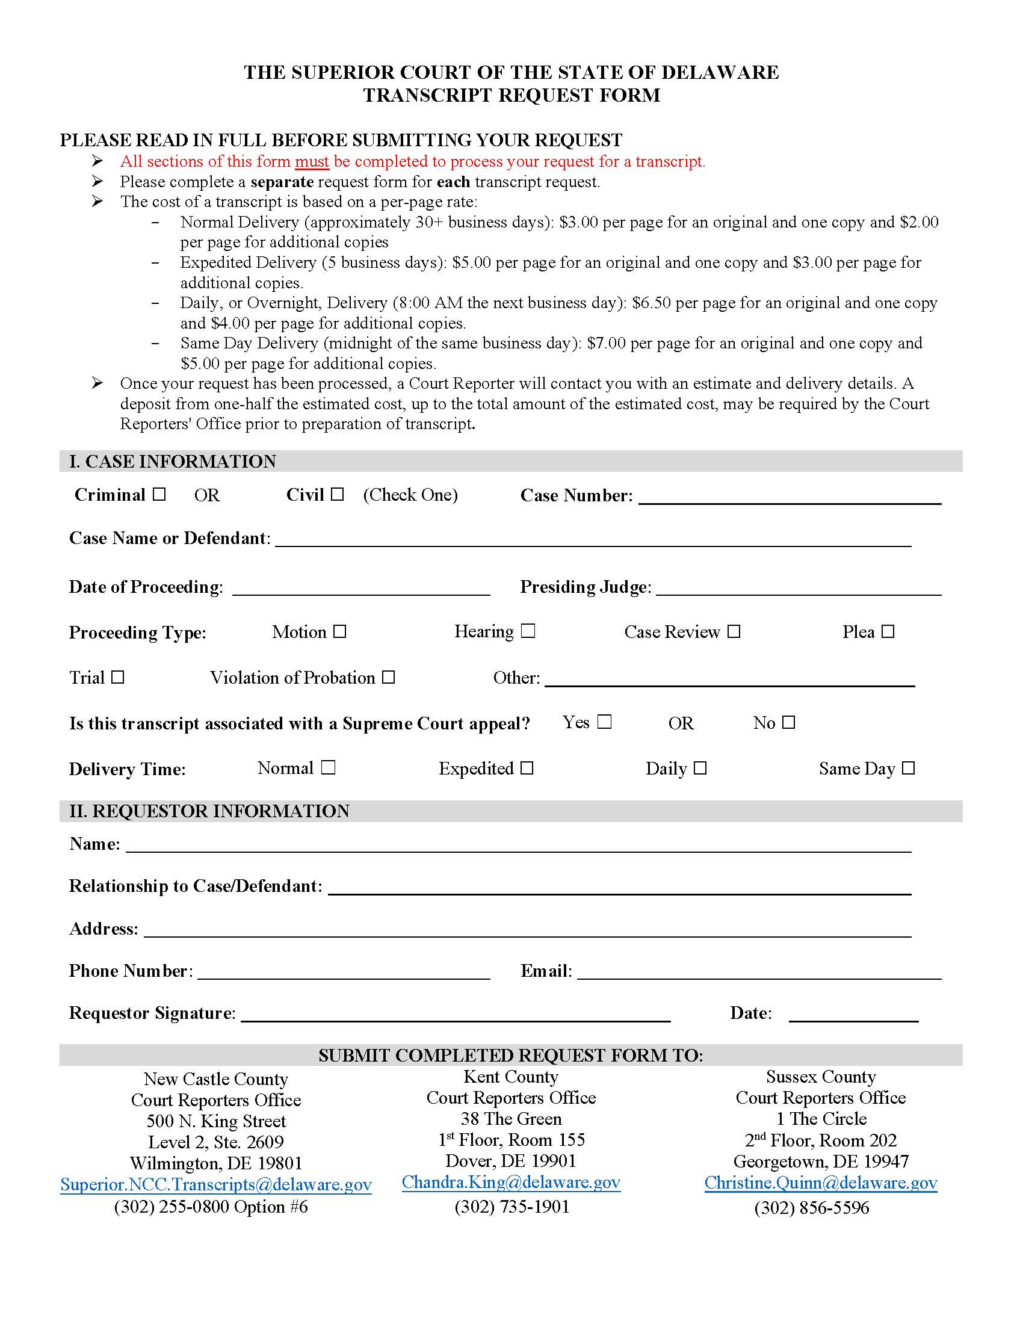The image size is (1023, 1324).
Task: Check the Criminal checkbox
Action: [159, 494]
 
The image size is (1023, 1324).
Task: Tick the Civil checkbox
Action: [338, 494]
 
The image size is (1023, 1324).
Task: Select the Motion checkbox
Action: [340, 632]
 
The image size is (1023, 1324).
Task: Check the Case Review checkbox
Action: [734, 632]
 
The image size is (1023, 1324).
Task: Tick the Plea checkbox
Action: [888, 632]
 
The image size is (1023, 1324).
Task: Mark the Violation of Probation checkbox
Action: [389, 677]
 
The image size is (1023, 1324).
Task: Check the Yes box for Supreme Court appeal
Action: [604, 722]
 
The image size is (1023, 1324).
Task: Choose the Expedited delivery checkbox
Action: [527, 768]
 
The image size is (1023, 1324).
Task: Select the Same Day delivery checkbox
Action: [908, 768]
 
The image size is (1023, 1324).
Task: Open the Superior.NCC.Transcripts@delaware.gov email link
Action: [216, 1184]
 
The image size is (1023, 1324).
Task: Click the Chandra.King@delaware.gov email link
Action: [511, 1181]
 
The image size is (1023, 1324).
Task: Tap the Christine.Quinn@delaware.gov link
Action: [821, 1182]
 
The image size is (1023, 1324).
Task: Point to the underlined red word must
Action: [312, 161]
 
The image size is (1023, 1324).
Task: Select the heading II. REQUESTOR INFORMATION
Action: [209, 811]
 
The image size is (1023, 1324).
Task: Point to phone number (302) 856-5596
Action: [812, 1208]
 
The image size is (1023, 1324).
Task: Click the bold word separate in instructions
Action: [282, 182]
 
